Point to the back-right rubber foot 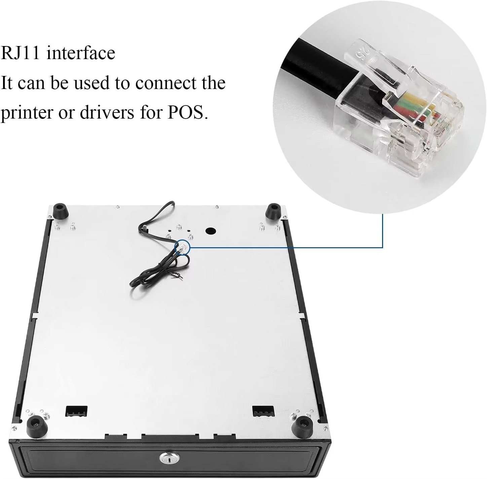(273, 211)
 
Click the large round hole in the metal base (211, 231)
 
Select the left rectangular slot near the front (76, 411)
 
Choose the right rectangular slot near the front (263, 411)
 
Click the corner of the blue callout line (383, 248)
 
